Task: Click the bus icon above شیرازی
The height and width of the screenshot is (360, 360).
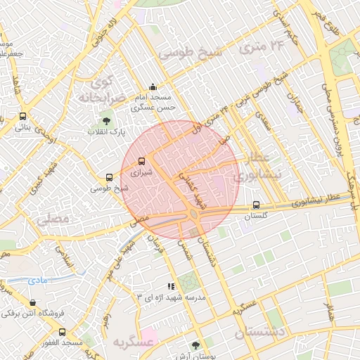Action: pyautogui.click(x=142, y=161)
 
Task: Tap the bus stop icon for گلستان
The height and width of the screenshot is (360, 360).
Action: pyautogui.click(x=256, y=205)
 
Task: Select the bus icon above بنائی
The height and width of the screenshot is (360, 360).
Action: pyautogui.click(x=23, y=117)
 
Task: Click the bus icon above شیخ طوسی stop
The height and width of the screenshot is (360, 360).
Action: pyautogui.click(x=109, y=178)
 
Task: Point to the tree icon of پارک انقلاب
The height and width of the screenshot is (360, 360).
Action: pyautogui.click(x=106, y=121)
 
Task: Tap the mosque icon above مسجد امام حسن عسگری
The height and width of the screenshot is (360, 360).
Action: pyautogui.click(x=153, y=87)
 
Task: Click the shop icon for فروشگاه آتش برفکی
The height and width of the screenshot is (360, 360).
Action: pyautogui.click(x=32, y=302)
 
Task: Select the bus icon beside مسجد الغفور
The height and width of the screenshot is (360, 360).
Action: pyautogui.click(x=62, y=332)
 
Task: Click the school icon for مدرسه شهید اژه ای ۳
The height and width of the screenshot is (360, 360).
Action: pyautogui.click(x=170, y=286)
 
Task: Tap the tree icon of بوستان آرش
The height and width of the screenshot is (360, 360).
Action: pyautogui.click(x=195, y=345)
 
